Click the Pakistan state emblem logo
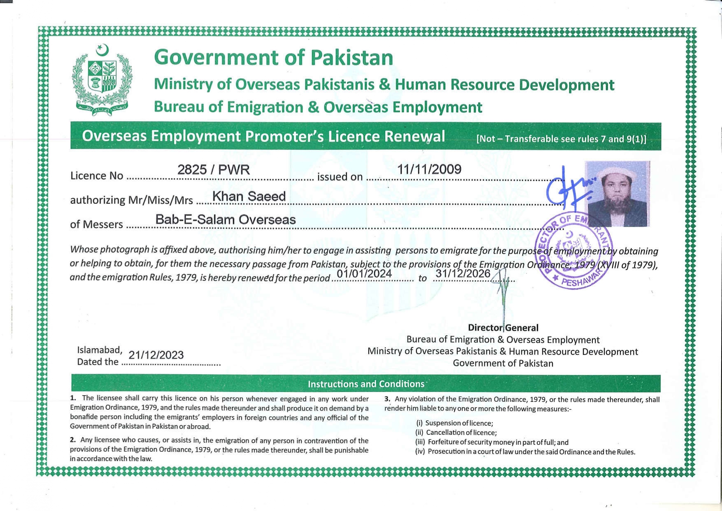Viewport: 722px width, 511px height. [x=102, y=80]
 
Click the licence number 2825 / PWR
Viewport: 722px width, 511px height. [x=213, y=170]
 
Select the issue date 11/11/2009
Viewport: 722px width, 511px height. [x=429, y=169]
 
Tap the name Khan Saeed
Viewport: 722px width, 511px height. [x=249, y=196]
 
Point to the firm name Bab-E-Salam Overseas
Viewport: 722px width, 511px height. [x=225, y=219]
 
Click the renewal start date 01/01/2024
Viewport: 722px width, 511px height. [x=364, y=273]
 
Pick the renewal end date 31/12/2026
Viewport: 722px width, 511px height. [x=463, y=273]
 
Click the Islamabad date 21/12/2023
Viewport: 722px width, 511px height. [x=156, y=355]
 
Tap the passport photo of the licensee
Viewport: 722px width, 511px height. [x=617, y=194]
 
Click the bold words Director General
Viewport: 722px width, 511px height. [x=503, y=328]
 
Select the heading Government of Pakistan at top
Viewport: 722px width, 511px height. [x=273, y=57]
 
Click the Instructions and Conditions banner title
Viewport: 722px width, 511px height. [x=366, y=384]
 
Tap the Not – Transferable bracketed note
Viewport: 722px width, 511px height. [x=561, y=139]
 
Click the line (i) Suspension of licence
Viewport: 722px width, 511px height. [x=454, y=423]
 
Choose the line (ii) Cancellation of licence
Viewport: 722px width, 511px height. [x=456, y=432]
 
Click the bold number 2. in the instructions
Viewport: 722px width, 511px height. [x=73, y=440]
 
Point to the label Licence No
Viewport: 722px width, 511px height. [x=97, y=176]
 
